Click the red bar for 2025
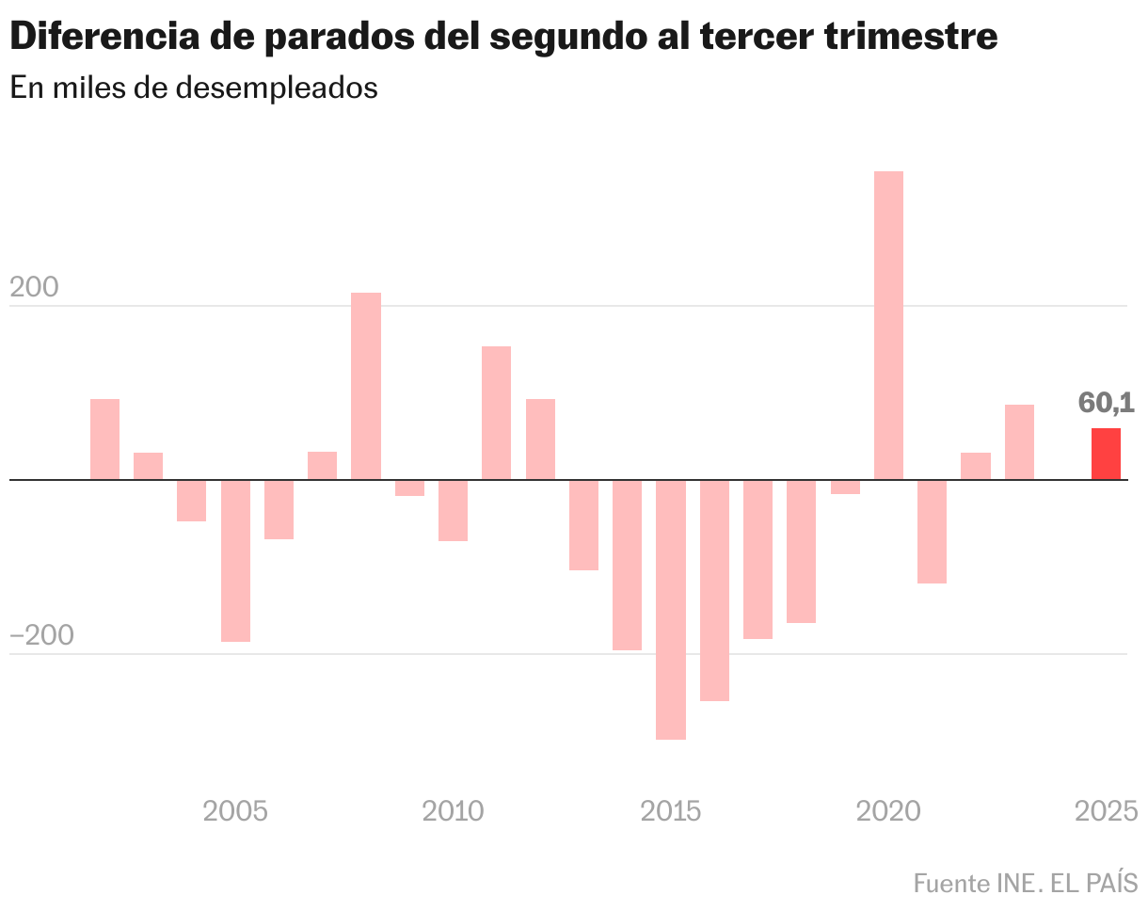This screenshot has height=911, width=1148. tap(1106, 455)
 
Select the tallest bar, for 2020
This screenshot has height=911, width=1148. tap(888, 325)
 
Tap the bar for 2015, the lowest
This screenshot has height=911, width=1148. tap(671, 609)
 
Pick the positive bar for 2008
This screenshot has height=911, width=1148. tap(366, 386)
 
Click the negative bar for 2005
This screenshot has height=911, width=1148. tap(235, 560)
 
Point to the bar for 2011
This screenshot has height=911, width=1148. tap(496, 412)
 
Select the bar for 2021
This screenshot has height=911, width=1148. tap(932, 531)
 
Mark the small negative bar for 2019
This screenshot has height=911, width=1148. tap(845, 487)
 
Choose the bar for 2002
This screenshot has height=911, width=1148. tap(104, 439)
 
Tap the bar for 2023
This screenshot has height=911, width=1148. tap(1019, 441)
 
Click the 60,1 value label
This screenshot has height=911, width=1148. tap(1106, 403)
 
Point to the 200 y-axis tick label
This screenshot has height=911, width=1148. tap(34, 289)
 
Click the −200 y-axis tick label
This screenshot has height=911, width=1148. tap(41, 636)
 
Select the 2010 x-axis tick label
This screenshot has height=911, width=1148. tap(454, 810)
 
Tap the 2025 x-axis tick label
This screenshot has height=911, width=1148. tap(1107, 810)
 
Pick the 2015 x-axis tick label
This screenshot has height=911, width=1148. tap(671, 810)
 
